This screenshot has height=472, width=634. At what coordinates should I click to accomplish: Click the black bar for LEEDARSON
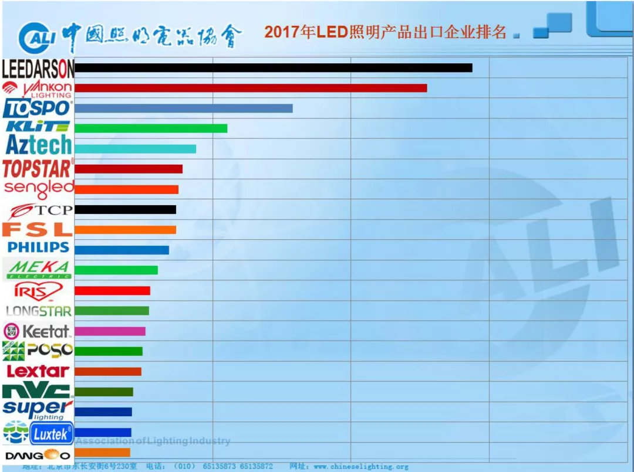(x=274, y=68)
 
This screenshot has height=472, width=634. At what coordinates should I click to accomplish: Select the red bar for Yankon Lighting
(x=251, y=88)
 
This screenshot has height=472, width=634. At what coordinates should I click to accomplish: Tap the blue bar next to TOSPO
(x=184, y=108)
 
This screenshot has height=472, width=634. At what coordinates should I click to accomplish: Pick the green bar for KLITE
(x=151, y=128)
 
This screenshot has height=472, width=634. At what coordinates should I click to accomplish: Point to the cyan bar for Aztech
(x=136, y=149)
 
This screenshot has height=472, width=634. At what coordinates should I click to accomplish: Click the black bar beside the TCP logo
(x=126, y=209)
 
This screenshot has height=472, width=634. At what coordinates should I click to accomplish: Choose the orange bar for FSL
(x=126, y=230)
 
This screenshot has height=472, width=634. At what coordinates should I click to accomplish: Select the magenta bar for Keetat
(x=110, y=331)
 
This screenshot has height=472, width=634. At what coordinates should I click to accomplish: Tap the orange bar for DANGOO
(x=103, y=453)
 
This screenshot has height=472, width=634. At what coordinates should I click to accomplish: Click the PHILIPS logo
(x=39, y=247)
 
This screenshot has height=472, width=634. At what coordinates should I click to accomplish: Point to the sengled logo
(x=39, y=189)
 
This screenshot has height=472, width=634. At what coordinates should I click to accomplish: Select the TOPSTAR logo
(x=38, y=169)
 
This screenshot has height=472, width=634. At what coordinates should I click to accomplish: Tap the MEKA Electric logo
(x=39, y=269)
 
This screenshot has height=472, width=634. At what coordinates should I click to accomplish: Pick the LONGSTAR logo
(x=39, y=311)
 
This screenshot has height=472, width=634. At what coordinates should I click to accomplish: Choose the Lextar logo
(x=38, y=371)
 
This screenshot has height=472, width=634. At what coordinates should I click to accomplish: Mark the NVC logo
(x=37, y=390)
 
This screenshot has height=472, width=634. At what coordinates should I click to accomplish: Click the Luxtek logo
(x=52, y=434)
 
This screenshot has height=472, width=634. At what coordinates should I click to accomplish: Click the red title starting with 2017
(x=385, y=32)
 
